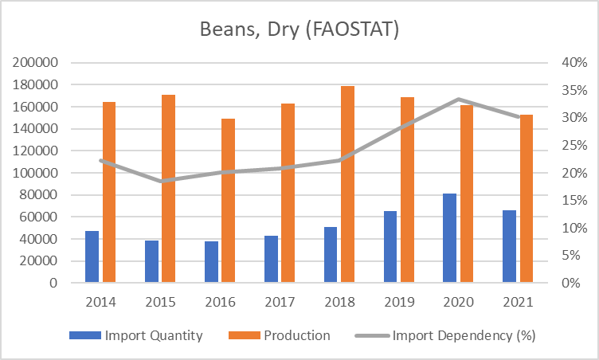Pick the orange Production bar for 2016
pyautogui.click(x=228, y=201)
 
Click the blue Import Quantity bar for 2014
pyautogui.click(x=92, y=256)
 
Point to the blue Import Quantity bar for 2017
pyautogui.click(x=271, y=259)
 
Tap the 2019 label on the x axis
pyautogui.click(x=398, y=303)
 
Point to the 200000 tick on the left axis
pyautogui.click(x=35, y=63)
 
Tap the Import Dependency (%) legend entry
pyautogui.click(x=454, y=335)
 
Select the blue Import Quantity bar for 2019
pyautogui.click(x=390, y=247)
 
